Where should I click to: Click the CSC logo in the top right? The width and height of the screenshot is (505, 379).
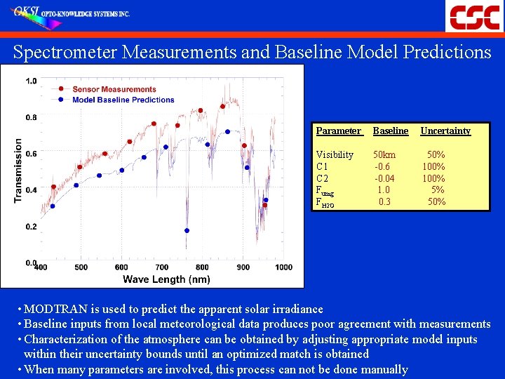click(474, 15)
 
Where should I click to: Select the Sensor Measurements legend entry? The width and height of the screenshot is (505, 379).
click(114, 89)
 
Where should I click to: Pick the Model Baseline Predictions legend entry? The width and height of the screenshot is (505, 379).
click(123, 100)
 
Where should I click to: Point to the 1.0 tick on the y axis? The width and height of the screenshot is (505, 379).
click(32, 81)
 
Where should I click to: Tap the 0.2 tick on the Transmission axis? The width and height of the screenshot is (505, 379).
click(32, 227)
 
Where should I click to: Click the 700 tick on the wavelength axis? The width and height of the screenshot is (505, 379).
click(162, 267)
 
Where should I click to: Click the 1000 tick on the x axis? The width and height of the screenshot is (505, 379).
click(283, 267)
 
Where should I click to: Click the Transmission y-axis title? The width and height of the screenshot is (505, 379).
click(18, 171)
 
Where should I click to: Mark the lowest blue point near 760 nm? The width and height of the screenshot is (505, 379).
click(187, 230)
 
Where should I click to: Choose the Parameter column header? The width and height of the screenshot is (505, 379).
click(338, 131)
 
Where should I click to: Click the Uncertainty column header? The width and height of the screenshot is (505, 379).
click(445, 131)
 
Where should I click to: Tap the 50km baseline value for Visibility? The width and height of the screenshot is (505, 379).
click(384, 154)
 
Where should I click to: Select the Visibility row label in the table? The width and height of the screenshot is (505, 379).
click(335, 154)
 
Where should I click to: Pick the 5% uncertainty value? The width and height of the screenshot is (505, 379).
click(438, 190)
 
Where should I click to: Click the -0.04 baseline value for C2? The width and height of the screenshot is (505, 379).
click(384, 178)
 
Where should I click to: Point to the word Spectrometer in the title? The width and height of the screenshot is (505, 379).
click(67, 52)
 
